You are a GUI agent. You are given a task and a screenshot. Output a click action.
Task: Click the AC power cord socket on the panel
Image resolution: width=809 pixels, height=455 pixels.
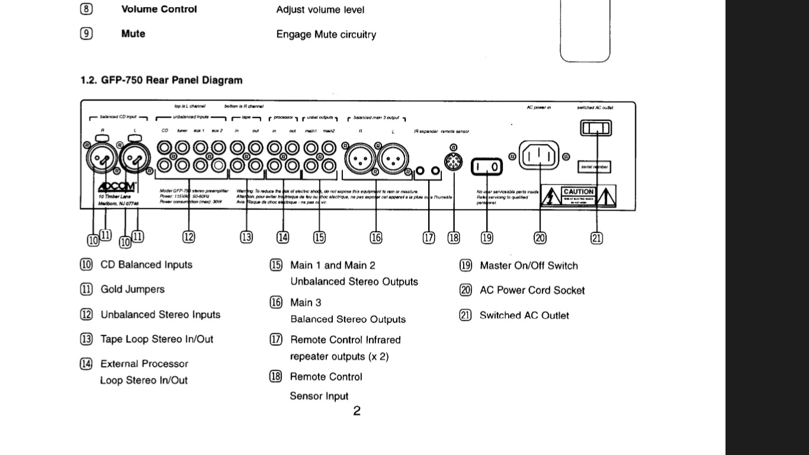[x=539, y=156]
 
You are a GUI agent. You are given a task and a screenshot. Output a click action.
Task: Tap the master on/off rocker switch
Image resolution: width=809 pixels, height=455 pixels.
[x=487, y=168]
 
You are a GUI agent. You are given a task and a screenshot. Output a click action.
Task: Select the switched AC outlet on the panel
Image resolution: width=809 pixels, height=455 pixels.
[x=596, y=128]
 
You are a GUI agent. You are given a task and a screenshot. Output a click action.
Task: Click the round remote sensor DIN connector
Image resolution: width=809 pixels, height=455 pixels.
[x=453, y=161]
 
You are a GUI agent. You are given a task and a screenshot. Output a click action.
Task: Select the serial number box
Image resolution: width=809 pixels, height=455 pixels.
[x=594, y=167]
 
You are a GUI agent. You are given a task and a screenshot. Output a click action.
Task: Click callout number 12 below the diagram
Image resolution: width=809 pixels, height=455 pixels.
[x=188, y=237]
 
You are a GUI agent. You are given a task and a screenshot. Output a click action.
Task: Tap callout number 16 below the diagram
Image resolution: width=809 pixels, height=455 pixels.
[x=376, y=238]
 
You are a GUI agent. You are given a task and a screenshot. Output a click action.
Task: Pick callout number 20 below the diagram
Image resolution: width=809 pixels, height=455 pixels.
[x=540, y=238]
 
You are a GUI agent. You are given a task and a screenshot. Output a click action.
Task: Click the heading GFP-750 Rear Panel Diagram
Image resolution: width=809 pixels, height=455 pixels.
[x=161, y=80]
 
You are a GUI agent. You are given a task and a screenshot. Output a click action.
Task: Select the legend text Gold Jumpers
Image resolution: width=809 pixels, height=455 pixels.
[x=133, y=290]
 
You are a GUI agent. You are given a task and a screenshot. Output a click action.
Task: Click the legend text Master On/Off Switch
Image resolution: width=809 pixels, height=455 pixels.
[x=528, y=266]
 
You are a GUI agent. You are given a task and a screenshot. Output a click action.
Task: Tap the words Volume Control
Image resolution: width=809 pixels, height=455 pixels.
[x=159, y=9]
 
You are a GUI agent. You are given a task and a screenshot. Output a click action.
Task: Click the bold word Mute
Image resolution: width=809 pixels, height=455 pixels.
[x=133, y=34]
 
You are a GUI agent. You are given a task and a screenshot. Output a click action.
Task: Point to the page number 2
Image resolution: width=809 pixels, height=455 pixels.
[x=357, y=411]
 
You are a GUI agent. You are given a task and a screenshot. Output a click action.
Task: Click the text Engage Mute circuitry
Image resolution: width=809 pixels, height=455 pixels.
[x=326, y=34]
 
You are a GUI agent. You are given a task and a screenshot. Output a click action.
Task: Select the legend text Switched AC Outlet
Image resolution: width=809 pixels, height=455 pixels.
[x=524, y=316]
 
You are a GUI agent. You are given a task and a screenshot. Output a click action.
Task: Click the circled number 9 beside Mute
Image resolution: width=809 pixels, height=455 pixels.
[x=86, y=34]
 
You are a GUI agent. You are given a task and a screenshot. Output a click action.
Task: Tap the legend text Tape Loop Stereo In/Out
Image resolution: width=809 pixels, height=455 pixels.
[x=156, y=339]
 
